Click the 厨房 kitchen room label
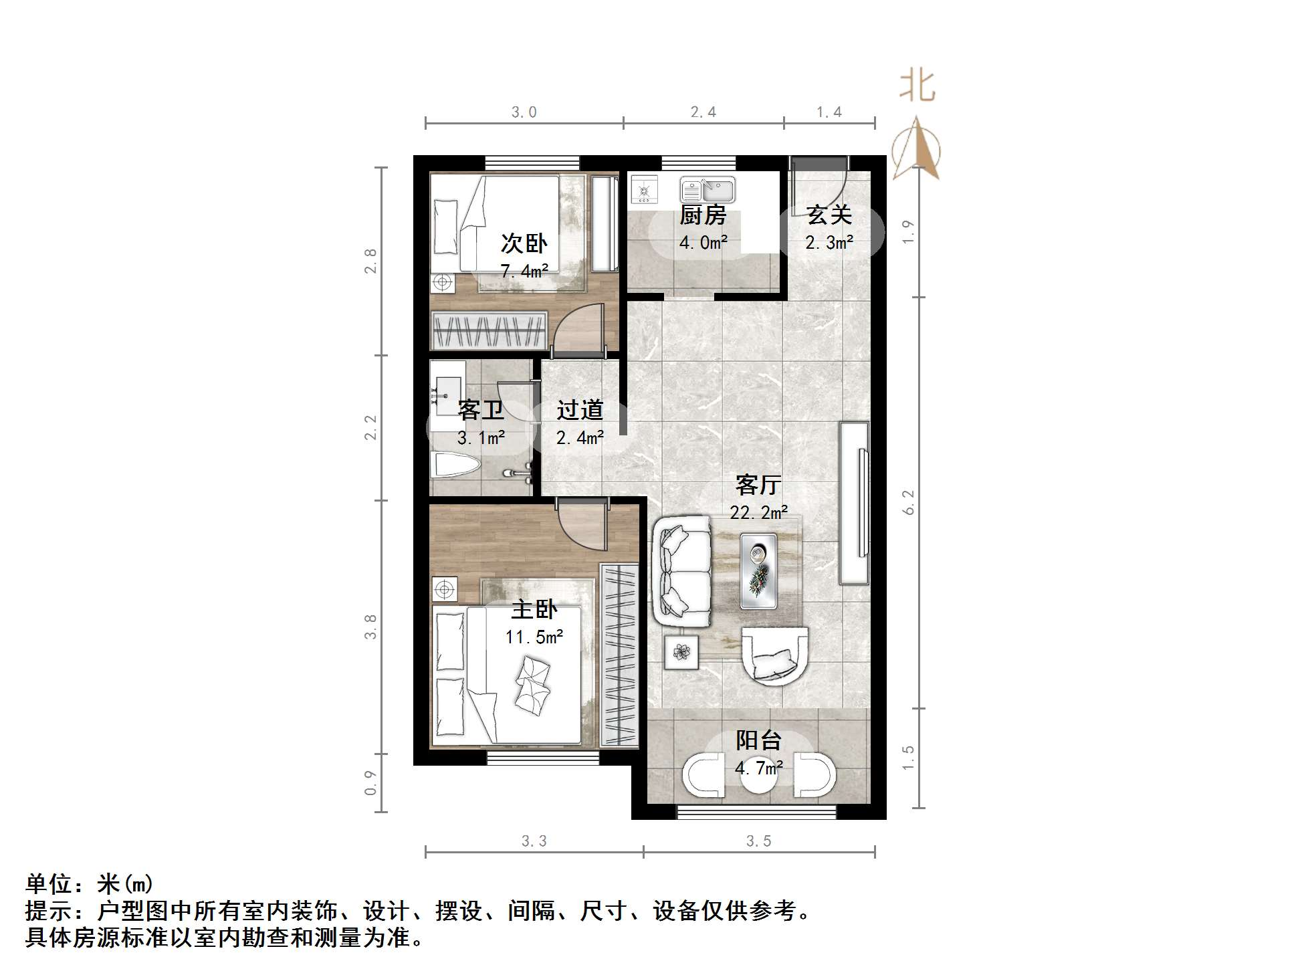pyautogui.click(x=703, y=215)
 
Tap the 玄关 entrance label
pyautogui.click(x=829, y=215)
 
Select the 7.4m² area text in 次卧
pyautogui.click(x=524, y=272)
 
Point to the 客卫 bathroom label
pyautogui.click(x=481, y=410)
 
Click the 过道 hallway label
pyautogui.click(x=580, y=410)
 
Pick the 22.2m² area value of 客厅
pyautogui.click(x=758, y=513)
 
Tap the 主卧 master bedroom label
pyautogui.click(x=534, y=609)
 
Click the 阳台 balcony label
pyautogui.click(x=758, y=740)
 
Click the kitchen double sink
pyautogui.click(x=708, y=190)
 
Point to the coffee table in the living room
pyautogui.click(x=758, y=570)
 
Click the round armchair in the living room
pyautogui.click(x=775, y=655)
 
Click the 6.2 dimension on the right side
pyautogui.click(x=908, y=502)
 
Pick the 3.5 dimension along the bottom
pyautogui.click(x=758, y=841)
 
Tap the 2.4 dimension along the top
pyautogui.click(x=703, y=112)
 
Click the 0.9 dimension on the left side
pyautogui.click(x=370, y=782)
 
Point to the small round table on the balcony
pyautogui.click(x=758, y=776)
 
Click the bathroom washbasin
pyautogui.click(x=447, y=388)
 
